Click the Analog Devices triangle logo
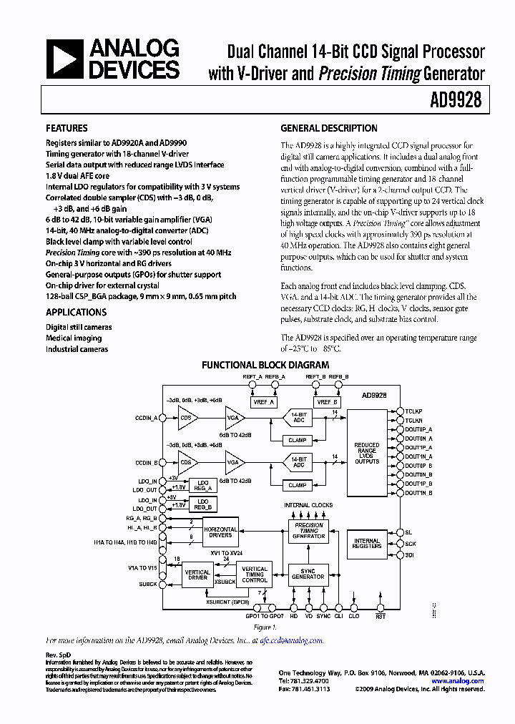[x=65, y=59]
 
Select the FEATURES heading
[x=67, y=129]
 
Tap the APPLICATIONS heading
[x=76, y=312]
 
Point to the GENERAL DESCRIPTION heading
[x=328, y=129]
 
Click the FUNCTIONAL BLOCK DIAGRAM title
[x=265, y=365]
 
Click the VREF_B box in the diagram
[x=325, y=402]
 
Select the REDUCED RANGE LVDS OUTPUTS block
[x=367, y=453]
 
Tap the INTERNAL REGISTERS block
[x=367, y=545]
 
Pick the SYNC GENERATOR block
[x=308, y=574]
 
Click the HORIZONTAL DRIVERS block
[x=220, y=531]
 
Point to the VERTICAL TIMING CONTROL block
[x=255, y=574]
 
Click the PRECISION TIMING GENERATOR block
[x=308, y=530]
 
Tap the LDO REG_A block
[x=203, y=484]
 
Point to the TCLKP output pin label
[x=414, y=411]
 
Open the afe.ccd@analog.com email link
[x=290, y=641]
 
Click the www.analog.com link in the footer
[x=460, y=681]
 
